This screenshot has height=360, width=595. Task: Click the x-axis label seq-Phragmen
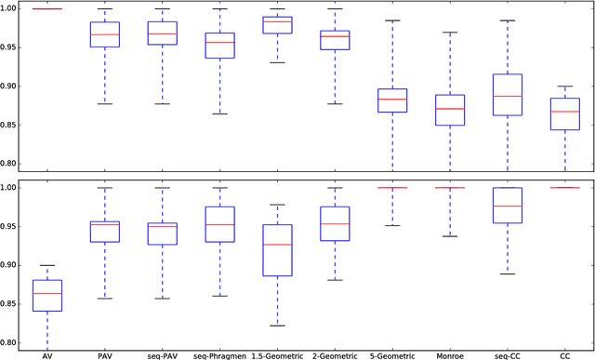[x=220, y=353]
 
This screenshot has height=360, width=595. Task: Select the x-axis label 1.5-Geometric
[x=277, y=353]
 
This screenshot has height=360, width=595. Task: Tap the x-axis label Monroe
[x=450, y=353]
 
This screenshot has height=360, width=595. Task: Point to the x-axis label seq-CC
[x=508, y=353]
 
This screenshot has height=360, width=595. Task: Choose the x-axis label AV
[x=47, y=353]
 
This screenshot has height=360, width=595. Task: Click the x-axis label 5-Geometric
[x=392, y=353]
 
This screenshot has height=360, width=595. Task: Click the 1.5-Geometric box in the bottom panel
[x=277, y=250]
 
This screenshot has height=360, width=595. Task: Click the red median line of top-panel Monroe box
[x=450, y=109]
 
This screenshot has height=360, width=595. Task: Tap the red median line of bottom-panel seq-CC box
[x=508, y=206]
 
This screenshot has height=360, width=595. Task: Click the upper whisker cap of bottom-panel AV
[x=47, y=265]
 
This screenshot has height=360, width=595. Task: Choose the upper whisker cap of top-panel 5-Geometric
[x=392, y=20]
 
